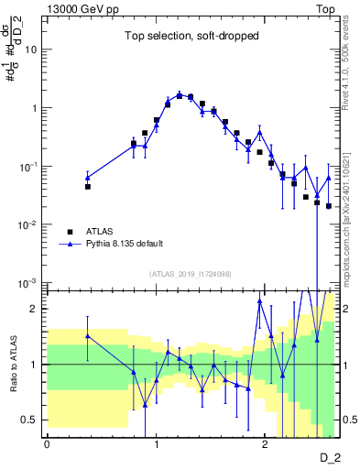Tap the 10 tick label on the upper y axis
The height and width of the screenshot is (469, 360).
coord(31,49)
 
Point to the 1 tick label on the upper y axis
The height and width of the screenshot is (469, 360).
coord(34,108)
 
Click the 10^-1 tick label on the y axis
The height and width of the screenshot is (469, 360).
coord(29,166)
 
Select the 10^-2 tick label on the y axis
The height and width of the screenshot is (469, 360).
coord(29,224)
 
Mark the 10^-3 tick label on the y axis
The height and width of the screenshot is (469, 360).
coord(29,283)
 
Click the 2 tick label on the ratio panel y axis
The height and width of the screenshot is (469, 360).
coord(34,309)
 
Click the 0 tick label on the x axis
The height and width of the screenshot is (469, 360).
coord(47,444)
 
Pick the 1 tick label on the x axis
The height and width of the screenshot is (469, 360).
coord(156,444)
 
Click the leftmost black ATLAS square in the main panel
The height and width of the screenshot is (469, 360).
coord(88,186)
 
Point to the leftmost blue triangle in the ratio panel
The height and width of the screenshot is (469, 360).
coord(88,335)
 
